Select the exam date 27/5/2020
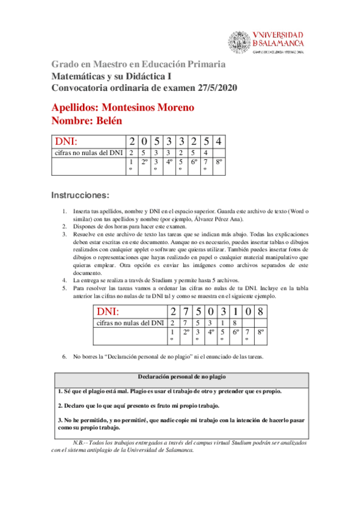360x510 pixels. click(x=216, y=88)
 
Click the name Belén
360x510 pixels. click(x=108, y=120)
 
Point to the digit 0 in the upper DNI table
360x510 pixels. click(x=145, y=142)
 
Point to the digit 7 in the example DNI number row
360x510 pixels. click(x=186, y=312)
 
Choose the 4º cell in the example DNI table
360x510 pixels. click(x=212, y=331)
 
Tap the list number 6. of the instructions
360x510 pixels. click(x=66, y=357)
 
